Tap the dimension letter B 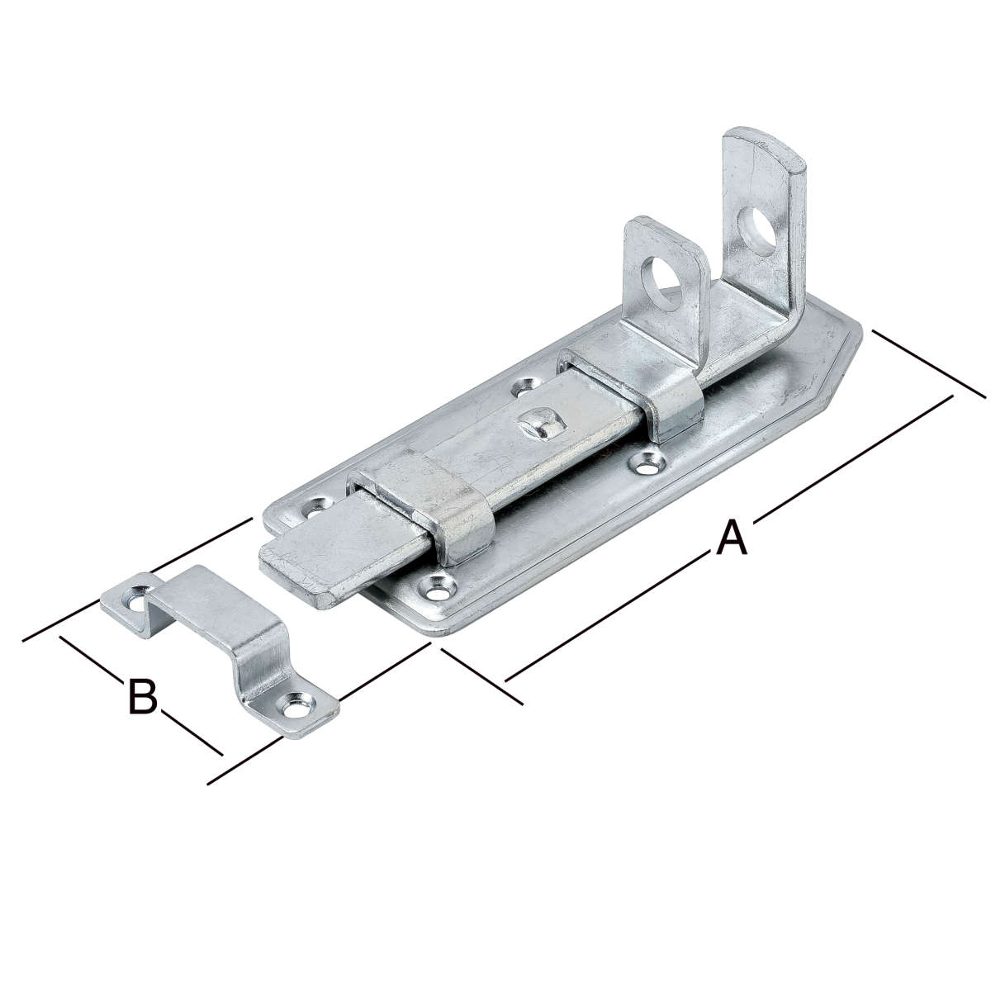coord(142,696)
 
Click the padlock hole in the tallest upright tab coord(756,232)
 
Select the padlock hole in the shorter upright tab coord(666,283)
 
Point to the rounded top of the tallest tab coord(766,145)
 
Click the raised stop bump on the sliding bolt coord(541,423)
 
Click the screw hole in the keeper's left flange coord(136,604)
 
